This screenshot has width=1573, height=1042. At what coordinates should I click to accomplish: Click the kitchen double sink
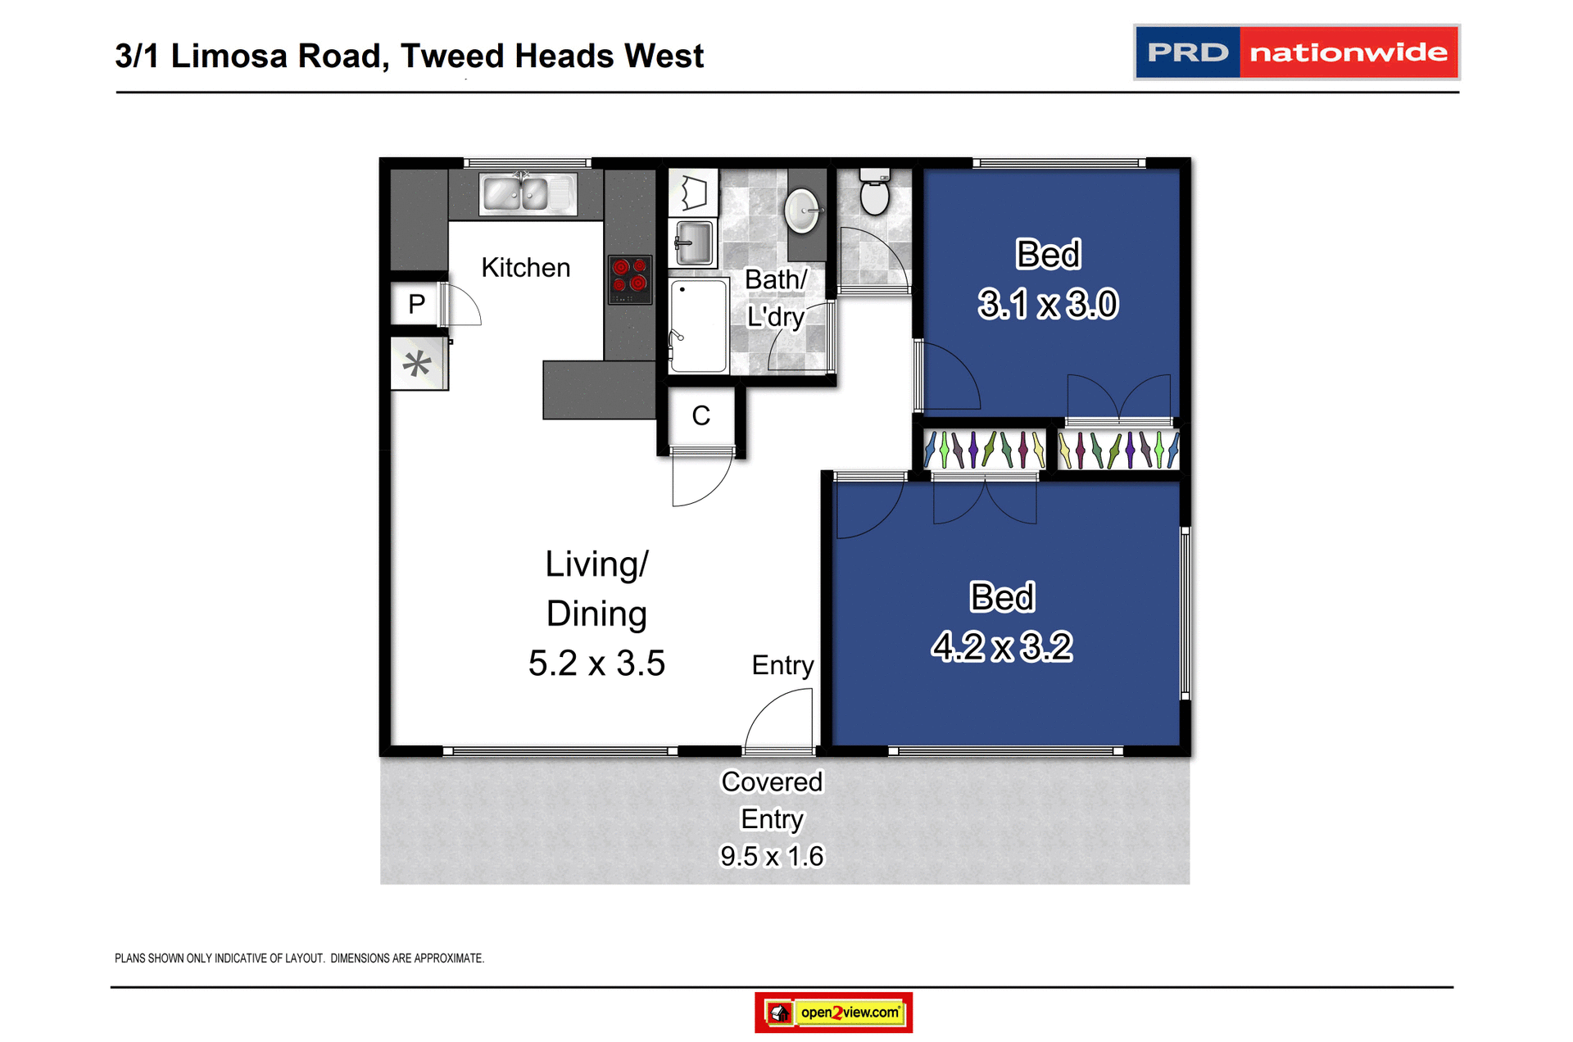(x=527, y=194)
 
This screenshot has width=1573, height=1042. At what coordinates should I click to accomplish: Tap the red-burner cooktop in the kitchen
(x=629, y=279)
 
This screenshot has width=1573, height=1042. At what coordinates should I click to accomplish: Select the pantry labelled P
(x=416, y=304)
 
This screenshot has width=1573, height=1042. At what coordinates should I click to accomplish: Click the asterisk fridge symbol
(x=417, y=364)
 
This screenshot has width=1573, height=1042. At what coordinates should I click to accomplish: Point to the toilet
(x=874, y=193)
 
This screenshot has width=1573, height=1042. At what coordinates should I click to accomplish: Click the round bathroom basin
(x=801, y=211)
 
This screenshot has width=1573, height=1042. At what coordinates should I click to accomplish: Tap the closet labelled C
(x=700, y=416)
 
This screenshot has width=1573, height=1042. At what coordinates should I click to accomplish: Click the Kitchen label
(x=525, y=268)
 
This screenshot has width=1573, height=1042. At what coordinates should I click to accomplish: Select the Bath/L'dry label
(x=775, y=298)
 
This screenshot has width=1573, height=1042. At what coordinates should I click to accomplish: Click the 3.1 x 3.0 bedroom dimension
(x=1047, y=305)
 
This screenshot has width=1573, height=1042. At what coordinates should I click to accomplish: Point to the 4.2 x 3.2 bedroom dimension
(x=1001, y=647)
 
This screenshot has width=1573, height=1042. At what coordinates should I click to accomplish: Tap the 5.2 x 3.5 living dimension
(x=596, y=664)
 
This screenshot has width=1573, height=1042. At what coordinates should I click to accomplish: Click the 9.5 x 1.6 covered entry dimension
(x=771, y=856)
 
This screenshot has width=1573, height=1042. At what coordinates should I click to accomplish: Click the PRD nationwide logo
(x=1295, y=52)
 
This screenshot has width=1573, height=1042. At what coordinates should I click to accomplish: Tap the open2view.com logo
(x=833, y=1013)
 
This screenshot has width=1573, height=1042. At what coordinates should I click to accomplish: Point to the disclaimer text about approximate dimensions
(x=299, y=958)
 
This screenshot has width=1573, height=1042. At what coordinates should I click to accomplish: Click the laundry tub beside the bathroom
(x=694, y=242)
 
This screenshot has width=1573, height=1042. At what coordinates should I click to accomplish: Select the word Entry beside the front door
(x=782, y=665)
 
